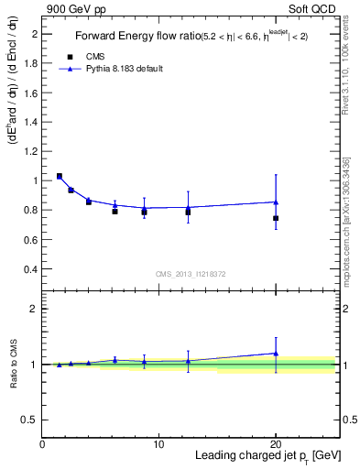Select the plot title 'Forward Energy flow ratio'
click(134, 37)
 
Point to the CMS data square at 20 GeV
click(276, 218)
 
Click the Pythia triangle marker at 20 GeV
click(276, 202)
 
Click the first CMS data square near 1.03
click(60, 176)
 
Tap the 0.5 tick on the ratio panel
click(34, 420)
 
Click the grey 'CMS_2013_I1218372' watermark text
click(190, 274)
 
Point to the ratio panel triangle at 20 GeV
click(276, 353)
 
